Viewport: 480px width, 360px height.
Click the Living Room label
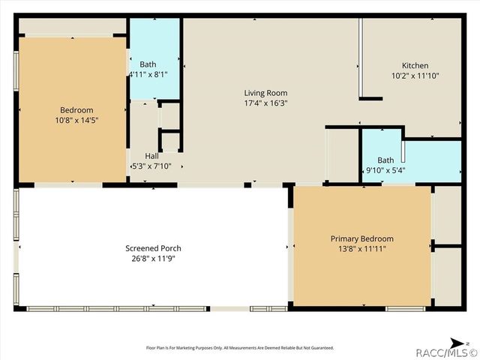click(x=265, y=93)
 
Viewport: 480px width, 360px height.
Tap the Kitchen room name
click(x=415, y=65)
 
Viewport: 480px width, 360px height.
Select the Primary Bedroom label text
click(x=361, y=238)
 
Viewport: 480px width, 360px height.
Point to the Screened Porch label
click(x=153, y=248)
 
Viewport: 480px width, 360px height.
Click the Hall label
click(x=151, y=156)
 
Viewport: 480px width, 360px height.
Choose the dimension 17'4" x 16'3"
click(x=265, y=103)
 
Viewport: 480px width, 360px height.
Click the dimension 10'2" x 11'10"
click(x=415, y=76)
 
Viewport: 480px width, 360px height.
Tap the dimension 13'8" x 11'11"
click(x=361, y=249)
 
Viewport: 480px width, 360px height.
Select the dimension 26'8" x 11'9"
click(x=153, y=259)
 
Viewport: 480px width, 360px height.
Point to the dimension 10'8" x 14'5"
click(x=76, y=120)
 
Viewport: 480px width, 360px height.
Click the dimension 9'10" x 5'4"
click(x=385, y=170)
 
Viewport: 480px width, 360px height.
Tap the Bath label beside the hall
click(x=147, y=64)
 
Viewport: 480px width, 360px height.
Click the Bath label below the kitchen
click(x=385, y=160)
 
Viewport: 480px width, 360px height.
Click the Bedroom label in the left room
click(x=76, y=109)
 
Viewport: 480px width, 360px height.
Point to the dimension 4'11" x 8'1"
click(x=148, y=75)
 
